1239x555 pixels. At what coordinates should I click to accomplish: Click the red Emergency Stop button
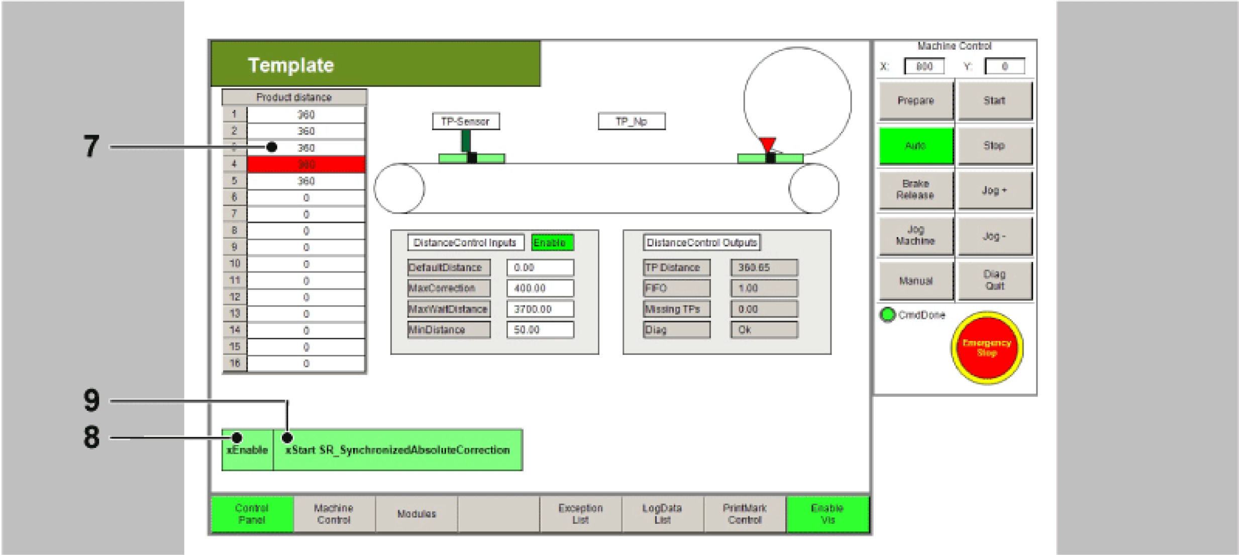[x=987, y=348]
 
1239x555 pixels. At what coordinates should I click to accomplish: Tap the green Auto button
[x=915, y=146]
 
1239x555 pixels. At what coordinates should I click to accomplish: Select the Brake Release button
[x=915, y=190]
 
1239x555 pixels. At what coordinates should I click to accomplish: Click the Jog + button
[x=994, y=191]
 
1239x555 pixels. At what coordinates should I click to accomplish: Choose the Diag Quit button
[x=994, y=280]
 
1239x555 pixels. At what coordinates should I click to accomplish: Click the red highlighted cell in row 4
[x=306, y=164]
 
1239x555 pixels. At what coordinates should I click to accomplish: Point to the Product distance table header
[x=294, y=97]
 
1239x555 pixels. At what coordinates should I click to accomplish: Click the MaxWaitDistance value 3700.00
[x=540, y=309]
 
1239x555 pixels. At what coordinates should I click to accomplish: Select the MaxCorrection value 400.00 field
[x=540, y=288]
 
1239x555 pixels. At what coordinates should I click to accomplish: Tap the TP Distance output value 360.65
[x=764, y=267]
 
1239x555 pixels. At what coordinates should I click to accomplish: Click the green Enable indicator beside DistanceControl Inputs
[x=552, y=243]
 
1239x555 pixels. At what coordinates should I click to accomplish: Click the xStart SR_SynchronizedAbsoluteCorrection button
[x=397, y=450]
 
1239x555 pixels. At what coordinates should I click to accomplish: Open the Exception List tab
[x=580, y=514]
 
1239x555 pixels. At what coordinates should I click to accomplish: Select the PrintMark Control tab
[x=745, y=514]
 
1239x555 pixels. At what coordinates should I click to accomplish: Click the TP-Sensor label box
[x=466, y=121]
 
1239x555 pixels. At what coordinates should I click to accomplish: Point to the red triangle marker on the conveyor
[x=767, y=144]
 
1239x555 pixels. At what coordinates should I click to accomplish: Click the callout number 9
[x=91, y=401]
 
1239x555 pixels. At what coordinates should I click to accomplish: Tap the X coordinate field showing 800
[x=924, y=66]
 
